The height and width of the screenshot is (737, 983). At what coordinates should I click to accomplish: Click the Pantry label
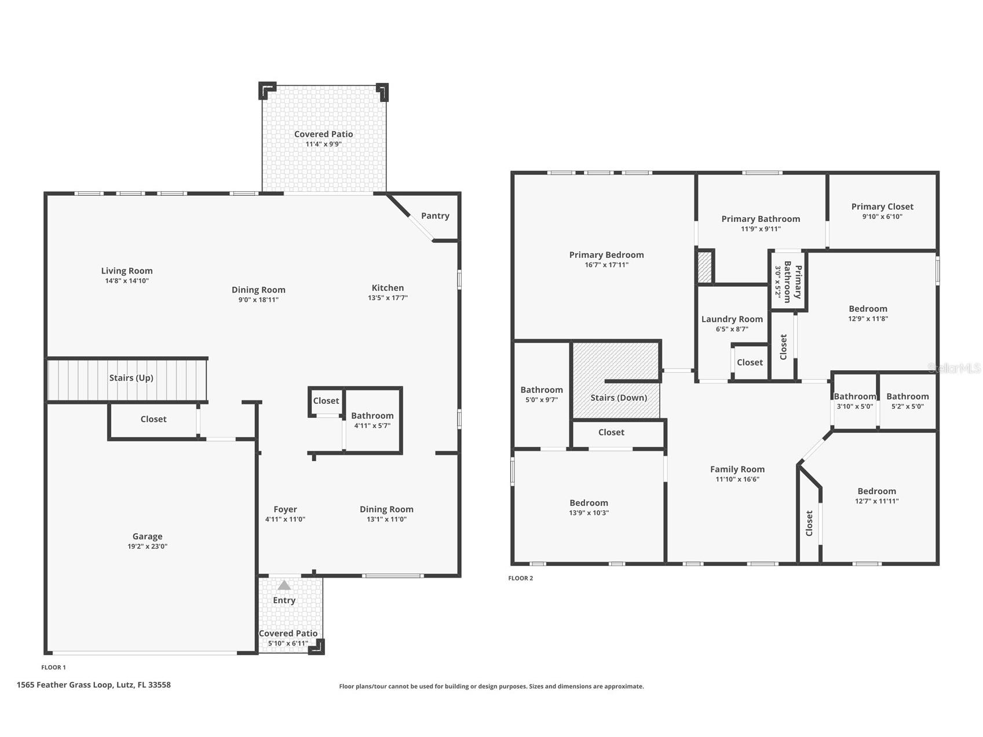(x=435, y=216)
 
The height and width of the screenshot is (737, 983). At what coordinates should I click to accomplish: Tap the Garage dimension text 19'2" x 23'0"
(x=147, y=546)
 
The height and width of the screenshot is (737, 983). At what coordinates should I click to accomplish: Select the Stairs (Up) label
(x=131, y=378)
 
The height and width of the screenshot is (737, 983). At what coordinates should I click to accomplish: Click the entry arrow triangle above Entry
(x=284, y=585)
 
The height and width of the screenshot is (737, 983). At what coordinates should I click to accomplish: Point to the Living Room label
(x=127, y=271)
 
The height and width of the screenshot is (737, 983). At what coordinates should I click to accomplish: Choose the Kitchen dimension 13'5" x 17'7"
(x=388, y=298)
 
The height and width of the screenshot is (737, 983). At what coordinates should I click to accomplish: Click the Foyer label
(x=285, y=509)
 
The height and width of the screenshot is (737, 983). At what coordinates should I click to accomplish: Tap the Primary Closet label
(x=882, y=206)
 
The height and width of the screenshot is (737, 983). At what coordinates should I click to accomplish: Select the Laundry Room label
(x=732, y=319)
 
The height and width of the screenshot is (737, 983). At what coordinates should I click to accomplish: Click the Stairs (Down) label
(x=619, y=397)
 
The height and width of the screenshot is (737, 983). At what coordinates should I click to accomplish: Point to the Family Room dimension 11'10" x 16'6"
(x=737, y=479)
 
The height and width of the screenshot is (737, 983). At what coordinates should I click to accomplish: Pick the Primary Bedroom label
(x=606, y=255)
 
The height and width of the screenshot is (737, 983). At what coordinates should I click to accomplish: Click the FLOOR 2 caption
(x=520, y=578)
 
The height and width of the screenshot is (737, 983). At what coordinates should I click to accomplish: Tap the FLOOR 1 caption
(x=53, y=667)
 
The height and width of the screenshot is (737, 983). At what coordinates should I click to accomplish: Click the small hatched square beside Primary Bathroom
(x=704, y=267)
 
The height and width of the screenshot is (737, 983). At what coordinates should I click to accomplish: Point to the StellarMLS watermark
(x=954, y=368)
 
